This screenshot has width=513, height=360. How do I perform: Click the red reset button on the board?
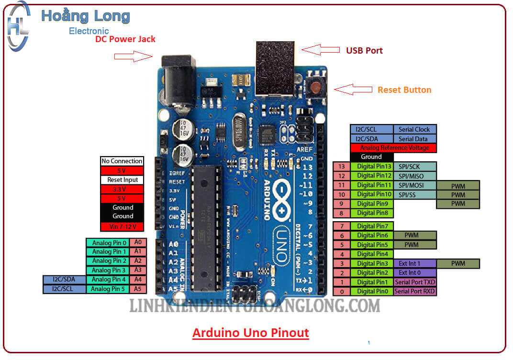click(x=316, y=88)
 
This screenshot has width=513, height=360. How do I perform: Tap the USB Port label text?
click(x=364, y=50)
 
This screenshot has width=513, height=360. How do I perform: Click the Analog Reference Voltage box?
click(x=393, y=148)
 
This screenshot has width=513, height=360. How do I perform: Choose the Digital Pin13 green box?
click(x=372, y=167)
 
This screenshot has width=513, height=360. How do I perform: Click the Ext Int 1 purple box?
click(x=415, y=263)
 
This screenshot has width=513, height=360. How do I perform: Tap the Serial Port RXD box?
click(x=415, y=291)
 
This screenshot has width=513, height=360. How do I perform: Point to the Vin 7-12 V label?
click(x=122, y=226)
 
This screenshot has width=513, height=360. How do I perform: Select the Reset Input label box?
click(x=122, y=180)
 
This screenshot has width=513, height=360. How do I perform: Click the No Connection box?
click(x=122, y=161)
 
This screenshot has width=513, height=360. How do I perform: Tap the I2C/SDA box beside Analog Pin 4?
click(x=65, y=280)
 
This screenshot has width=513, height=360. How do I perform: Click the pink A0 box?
click(x=138, y=242)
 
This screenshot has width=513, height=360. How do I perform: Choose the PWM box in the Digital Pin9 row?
click(x=458, y=203)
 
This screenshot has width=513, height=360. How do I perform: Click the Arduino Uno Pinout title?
click(x=251, y=332)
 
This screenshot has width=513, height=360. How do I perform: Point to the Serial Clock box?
click(x=415, y=129)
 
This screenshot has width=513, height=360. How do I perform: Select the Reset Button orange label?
click(x=404, y=90)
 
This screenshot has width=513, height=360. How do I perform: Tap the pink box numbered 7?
click(x=342, y=226)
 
